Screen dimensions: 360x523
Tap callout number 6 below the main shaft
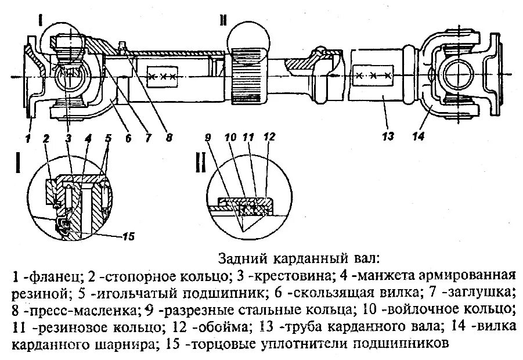pyautogui.click(x=128, y=138)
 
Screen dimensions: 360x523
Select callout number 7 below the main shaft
pyautogui.click(x=147, y=138)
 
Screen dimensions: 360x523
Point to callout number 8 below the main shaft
pyautogui.click(x=169, y=138)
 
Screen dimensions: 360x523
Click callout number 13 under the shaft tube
pyautogui.click(x=388, y=137)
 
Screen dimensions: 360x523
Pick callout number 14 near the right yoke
pyautogui.click(x=419, y=137)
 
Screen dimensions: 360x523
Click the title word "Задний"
pyautogui.click(x=238, y=257)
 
